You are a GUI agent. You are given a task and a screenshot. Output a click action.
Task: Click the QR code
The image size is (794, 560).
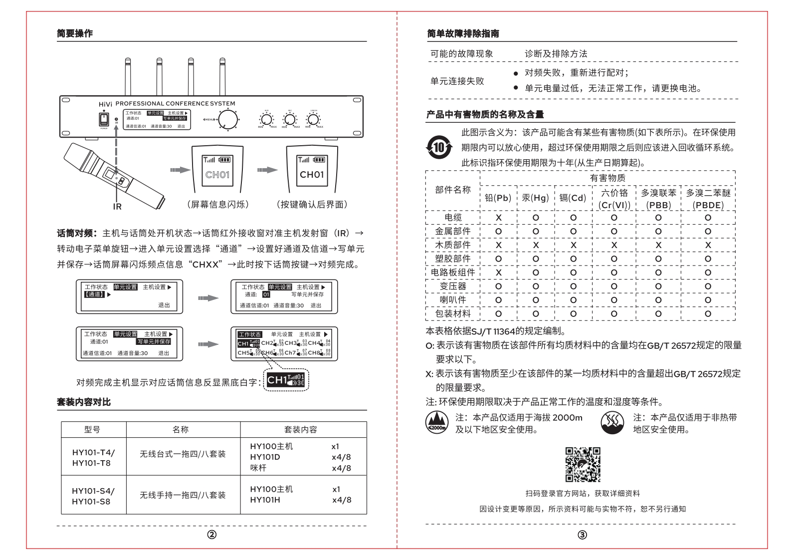[582, 465]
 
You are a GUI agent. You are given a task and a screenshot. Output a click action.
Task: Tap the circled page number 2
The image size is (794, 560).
[212, 535]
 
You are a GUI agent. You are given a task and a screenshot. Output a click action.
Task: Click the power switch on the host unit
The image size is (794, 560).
[104, 119]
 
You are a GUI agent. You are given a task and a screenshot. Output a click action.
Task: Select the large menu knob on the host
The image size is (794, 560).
[229, 119]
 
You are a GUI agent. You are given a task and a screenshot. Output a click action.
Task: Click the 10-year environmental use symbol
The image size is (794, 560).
[438, 147]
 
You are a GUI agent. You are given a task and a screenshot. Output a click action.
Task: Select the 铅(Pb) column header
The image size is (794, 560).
[498, 198]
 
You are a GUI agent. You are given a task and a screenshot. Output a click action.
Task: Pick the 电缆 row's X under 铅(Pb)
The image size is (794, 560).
[498, 218]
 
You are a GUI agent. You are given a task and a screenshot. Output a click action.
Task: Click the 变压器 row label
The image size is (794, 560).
[452, 286]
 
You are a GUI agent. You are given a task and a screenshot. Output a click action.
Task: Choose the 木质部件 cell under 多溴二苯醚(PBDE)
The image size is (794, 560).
[708, 245]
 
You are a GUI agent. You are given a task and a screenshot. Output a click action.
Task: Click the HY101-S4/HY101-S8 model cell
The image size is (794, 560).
[93, 495]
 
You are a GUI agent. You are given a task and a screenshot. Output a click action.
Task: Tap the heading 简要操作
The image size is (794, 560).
[75, 33]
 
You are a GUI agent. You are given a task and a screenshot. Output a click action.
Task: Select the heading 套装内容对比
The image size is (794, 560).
[84, 402]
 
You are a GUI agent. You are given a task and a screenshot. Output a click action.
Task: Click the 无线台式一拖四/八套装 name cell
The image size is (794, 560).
[183, 454]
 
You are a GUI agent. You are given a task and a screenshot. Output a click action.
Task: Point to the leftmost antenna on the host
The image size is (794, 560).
[127, 77]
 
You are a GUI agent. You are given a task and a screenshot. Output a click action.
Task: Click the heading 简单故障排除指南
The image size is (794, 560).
[463, 33]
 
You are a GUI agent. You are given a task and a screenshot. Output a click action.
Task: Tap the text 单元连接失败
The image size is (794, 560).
[457, 81]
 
